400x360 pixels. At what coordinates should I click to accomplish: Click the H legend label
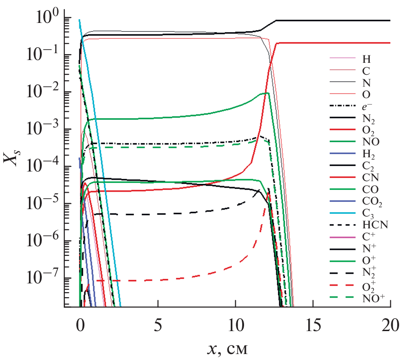pyautogui.click(x=365, y=59)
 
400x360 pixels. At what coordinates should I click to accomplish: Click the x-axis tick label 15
pyautogui.click(x=313, y=327)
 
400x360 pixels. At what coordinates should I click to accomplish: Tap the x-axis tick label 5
pyautogui.click(x=158, y=327)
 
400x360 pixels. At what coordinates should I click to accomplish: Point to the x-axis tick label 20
pyautogui.click(x=390, y=327)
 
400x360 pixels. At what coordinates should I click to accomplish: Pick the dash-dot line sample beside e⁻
pyautogui.click(x=343, y=107)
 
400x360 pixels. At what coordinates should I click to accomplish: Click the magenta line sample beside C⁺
pyautogui.click(x=343, y=238)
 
